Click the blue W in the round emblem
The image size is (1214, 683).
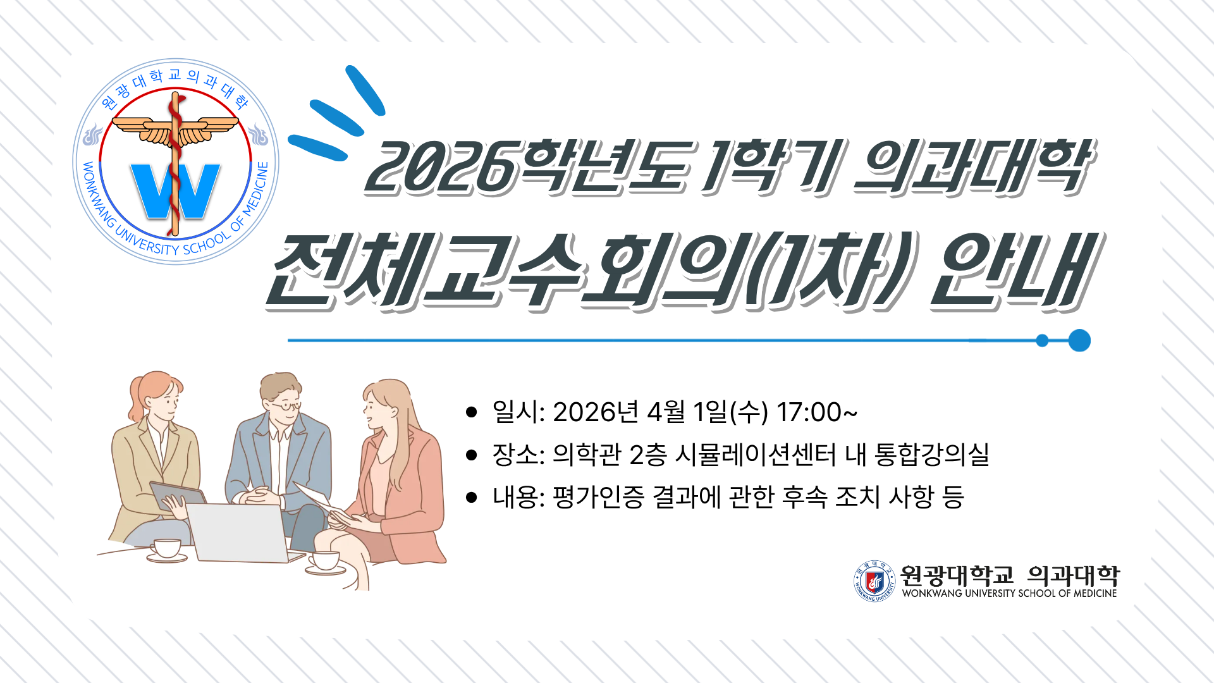(x=175, y=191)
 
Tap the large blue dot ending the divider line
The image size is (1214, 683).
(x=1079, y=340)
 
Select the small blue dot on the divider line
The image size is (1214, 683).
(x=1042, y=341)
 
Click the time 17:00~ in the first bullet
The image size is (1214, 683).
(x=816, y=412)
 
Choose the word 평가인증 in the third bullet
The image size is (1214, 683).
(x=598, y=496)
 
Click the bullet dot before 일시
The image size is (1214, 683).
(x=471, y=412)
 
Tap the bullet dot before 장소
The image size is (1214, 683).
(x=471, y=455)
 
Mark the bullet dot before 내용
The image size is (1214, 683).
(x=471, y=497)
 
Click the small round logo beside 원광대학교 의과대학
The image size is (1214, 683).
(x=874, y=581)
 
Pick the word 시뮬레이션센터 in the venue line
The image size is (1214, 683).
(x=756, y=454)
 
